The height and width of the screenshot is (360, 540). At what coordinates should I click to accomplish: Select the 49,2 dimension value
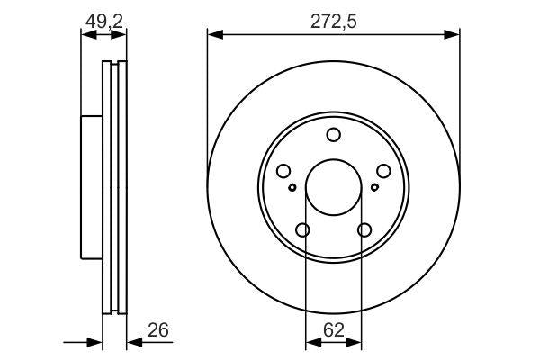tap(103, 21)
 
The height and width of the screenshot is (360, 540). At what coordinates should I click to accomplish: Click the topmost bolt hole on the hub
tap(333, 136)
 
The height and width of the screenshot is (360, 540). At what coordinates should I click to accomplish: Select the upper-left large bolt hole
tap(283, 171)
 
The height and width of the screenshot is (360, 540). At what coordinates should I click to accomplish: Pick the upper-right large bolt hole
tap(383, 171)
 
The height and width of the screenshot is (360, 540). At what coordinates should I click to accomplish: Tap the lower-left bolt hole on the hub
tap(302, 230)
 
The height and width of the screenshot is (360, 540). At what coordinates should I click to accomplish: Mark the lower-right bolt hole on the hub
tap(364, 230)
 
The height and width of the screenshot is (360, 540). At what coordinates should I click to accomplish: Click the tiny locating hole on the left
tap(293, 187)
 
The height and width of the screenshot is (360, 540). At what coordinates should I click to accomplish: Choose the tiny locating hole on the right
tap(373, 187)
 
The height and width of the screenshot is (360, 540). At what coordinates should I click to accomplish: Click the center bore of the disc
tap(333, 187)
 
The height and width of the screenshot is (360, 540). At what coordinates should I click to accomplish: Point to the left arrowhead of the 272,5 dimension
tap(212, 35)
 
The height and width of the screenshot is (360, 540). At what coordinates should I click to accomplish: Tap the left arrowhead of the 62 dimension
tap(310, 342)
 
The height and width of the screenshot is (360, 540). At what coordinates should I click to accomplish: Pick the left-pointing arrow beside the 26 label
tap(132, 342)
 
